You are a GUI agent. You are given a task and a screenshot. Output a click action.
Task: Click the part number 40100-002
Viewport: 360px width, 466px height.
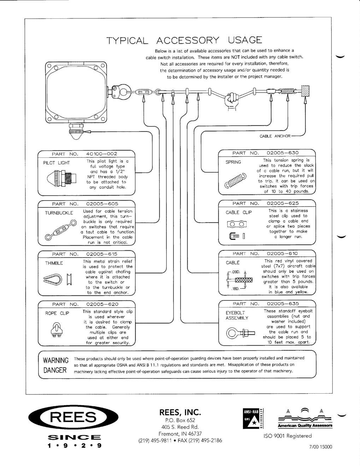click(x=101, y=154)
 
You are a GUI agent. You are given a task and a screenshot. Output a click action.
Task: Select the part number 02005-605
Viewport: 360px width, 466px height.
click(x=102, y=204)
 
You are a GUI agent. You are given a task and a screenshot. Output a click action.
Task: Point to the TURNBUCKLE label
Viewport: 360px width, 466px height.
click(x=59, y=213)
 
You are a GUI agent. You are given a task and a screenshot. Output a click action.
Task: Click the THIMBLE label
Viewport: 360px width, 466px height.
click(x=54, y=263)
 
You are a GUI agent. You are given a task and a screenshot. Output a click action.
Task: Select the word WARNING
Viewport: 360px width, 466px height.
click(x=55, y=360)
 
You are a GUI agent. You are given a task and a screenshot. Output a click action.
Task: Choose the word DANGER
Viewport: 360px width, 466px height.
click(x=55, y=370)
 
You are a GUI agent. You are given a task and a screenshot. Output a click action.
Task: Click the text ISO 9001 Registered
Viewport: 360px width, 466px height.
click(x=288, y=436)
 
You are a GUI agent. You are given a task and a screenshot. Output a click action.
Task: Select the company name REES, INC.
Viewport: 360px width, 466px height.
click(x=180, y=412)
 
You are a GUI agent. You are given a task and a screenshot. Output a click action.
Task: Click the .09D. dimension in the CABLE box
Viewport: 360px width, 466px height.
click(x=236, y=272)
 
